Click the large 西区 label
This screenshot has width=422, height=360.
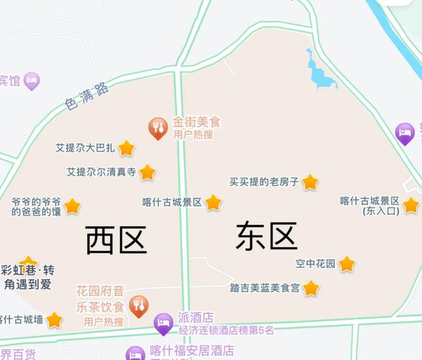tap(116, 240)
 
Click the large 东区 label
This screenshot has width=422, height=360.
tap(266, 236)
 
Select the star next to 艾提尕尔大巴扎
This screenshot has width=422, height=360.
tap(127, 148)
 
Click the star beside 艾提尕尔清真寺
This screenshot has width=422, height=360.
tap(147, 172)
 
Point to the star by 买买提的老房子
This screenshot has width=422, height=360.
tap(310, 182)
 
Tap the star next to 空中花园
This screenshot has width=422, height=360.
tap(347, 264)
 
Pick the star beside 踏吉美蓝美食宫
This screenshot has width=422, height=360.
tap(311, 288)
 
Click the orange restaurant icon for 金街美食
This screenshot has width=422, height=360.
tap(158, 128)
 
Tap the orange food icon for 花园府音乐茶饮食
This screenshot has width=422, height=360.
tap(139, 305)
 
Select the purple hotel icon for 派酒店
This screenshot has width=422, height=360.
tap(163, 324)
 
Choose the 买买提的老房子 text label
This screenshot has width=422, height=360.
tap(264, 182)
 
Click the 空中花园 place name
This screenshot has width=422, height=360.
tap(315, 264)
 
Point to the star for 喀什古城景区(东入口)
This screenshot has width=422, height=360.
tap(411, 205)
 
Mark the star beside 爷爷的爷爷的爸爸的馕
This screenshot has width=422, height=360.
tap(72, 207)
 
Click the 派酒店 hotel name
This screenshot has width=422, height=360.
tap(196, 318)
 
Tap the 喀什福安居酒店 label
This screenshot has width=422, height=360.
tap(192, 351)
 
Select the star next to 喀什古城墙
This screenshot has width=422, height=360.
tap(54, 320)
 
